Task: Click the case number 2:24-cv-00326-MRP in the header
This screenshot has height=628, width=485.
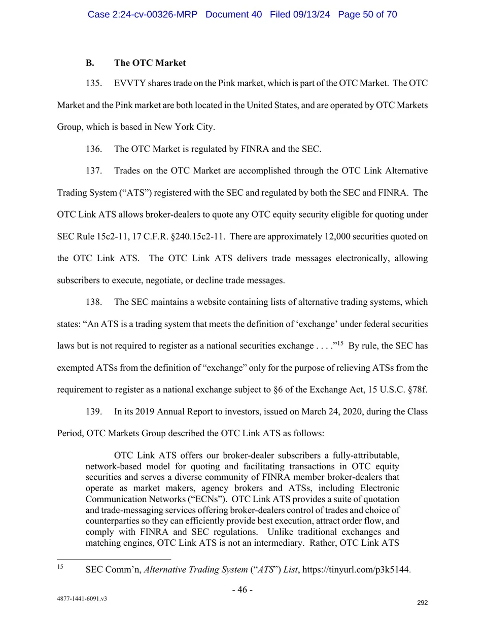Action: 142,14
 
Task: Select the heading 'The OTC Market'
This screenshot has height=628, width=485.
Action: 150,63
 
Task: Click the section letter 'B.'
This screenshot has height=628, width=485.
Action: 90,63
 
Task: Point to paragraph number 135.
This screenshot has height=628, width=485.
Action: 93,83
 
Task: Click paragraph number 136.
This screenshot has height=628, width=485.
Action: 93,149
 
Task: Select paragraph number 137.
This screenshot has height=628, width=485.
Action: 93,171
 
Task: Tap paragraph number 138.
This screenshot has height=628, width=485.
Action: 93,302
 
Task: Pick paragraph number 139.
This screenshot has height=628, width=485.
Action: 93,412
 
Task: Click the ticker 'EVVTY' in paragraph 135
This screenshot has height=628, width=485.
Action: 129,83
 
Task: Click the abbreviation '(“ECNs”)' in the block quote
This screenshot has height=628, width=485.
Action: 206,499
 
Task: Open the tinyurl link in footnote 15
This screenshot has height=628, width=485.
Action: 356,570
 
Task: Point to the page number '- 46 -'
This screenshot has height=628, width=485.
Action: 242,589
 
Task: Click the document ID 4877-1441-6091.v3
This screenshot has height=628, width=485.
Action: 82,599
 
